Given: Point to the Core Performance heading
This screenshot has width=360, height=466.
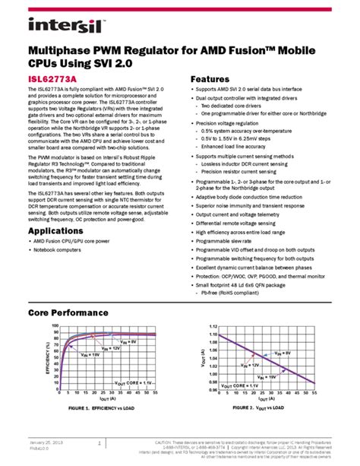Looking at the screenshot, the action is [72, 312].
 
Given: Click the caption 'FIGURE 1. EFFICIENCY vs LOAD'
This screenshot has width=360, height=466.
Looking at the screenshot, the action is [96, 408].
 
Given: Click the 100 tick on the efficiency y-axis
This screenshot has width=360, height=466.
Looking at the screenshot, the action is [55, 326].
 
